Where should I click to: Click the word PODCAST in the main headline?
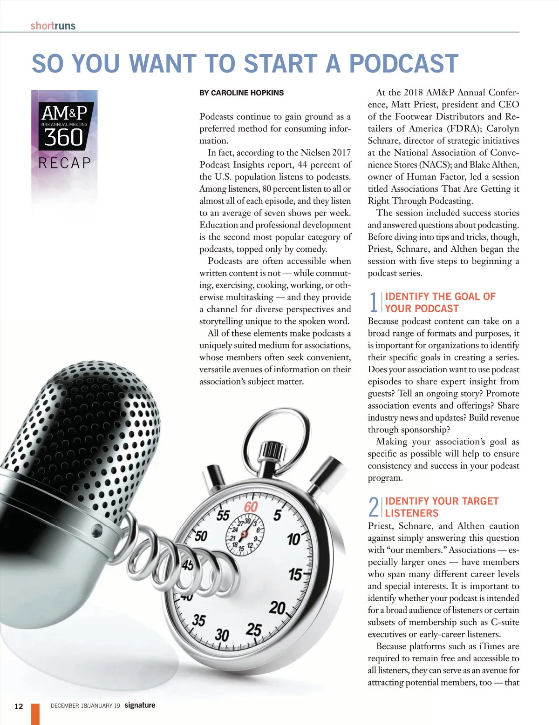[x=403, y=64]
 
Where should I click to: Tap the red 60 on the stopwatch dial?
[x=251, y=507]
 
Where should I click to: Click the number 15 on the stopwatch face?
[x=295, y=574]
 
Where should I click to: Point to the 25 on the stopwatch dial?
[x=254, y=630]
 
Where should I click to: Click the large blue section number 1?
[x=374, y=302]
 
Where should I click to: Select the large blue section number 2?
[x=374, y=507]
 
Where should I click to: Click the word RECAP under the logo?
[x=65, y=163]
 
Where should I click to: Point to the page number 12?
[x=19, y=706]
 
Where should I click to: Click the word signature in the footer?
[x=140, y=705]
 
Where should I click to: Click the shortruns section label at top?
[x=53, y=26]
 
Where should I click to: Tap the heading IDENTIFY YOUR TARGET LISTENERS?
[x=441, y=507]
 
